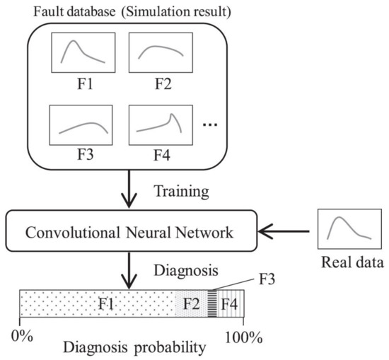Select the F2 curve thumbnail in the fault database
156,54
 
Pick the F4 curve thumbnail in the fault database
156,125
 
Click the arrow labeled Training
130,189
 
